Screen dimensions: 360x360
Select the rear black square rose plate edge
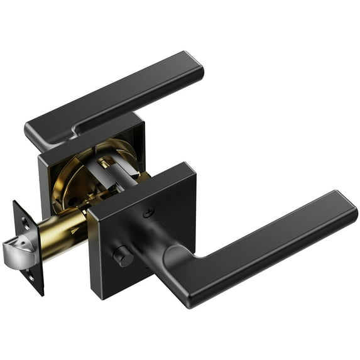point(44,182)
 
